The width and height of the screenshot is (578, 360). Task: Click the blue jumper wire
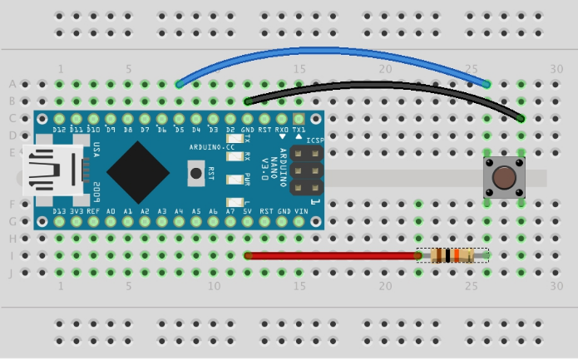click(333, 52)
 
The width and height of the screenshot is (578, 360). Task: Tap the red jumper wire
click(333, 256)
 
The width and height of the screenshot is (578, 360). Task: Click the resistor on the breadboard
click(452, 256)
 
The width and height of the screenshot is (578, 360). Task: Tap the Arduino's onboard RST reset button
click(196, 173)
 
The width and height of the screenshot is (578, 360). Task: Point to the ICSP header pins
click(309, 174)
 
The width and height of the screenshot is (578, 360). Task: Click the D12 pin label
click(59, 131)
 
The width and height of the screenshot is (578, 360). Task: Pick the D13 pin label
click(59, 212)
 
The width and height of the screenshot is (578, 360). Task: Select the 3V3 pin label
click(77, 212)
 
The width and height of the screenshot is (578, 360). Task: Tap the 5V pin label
click(248, 212)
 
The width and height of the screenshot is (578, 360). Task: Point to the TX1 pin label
click(299, 131)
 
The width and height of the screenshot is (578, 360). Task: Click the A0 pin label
click(111, 212)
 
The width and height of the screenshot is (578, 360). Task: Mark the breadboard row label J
click(12, 273)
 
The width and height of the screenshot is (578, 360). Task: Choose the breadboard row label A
click(12, 84)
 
